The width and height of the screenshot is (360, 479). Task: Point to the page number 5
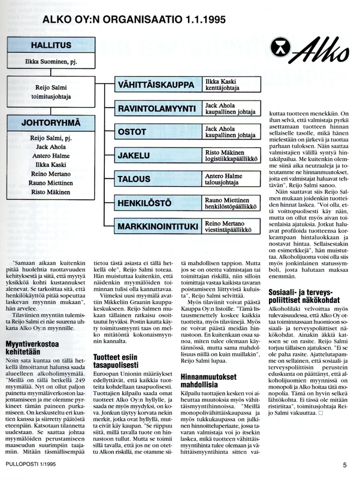(344, 464)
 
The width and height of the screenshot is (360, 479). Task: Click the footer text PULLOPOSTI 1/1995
(35, 464)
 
